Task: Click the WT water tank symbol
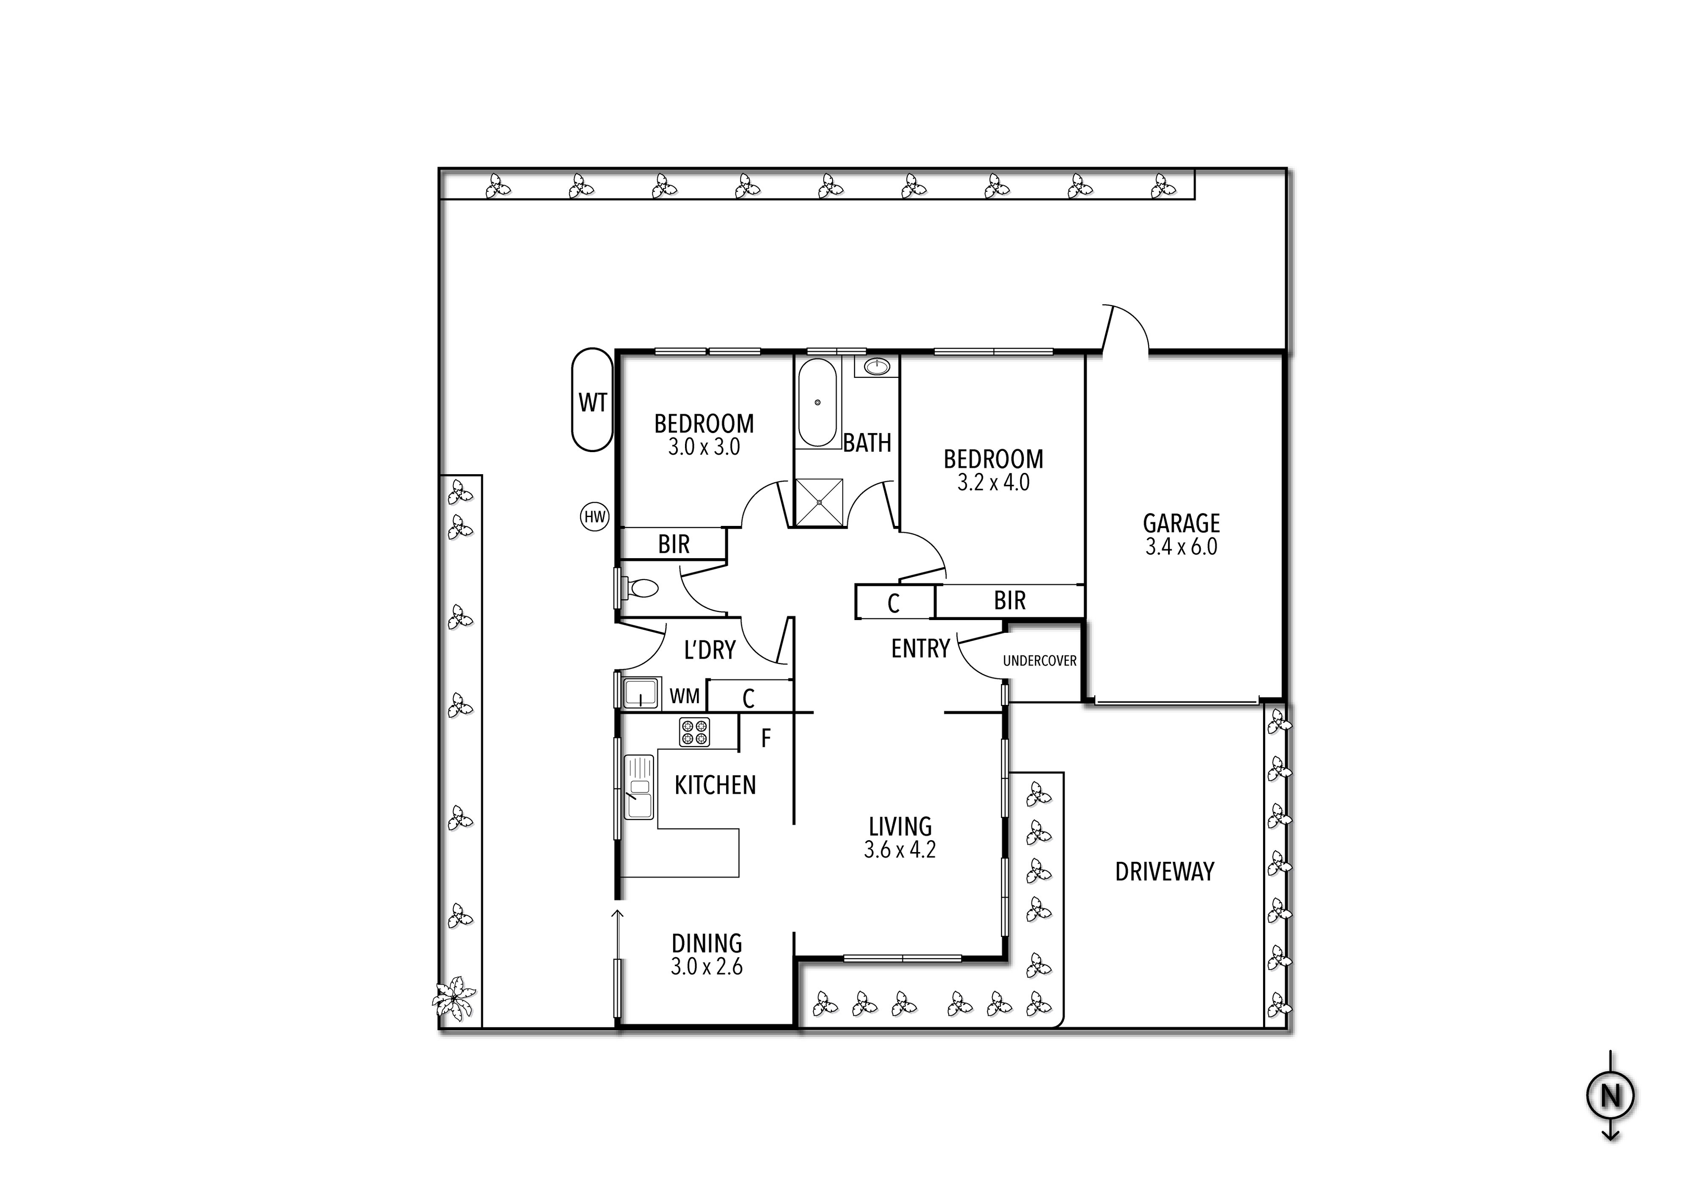click(592, 401)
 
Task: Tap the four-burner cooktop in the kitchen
click(694, 732)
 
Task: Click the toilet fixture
click(640, 588)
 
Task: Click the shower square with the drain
click(819, 502)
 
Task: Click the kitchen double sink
click(639, 787)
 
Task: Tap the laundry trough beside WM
click(639, 694)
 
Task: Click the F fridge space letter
click(766, 738)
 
